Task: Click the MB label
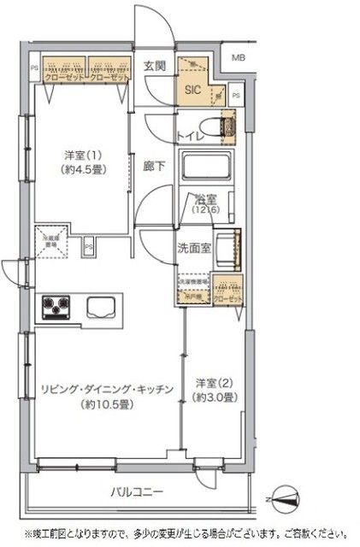pos(237,58)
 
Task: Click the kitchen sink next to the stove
pos(99,306)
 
